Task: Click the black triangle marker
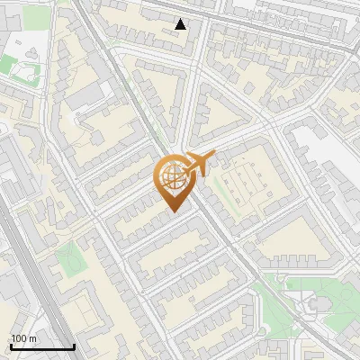[x=182, y=24]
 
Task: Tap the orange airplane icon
[x=198, y=164]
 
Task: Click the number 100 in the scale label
[x=19, y=338]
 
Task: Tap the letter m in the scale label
[x=32, y=338]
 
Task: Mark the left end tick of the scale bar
[x=10, y=346]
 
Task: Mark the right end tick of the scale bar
[x=74, y=346]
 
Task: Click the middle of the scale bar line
[x=41, y=347]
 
